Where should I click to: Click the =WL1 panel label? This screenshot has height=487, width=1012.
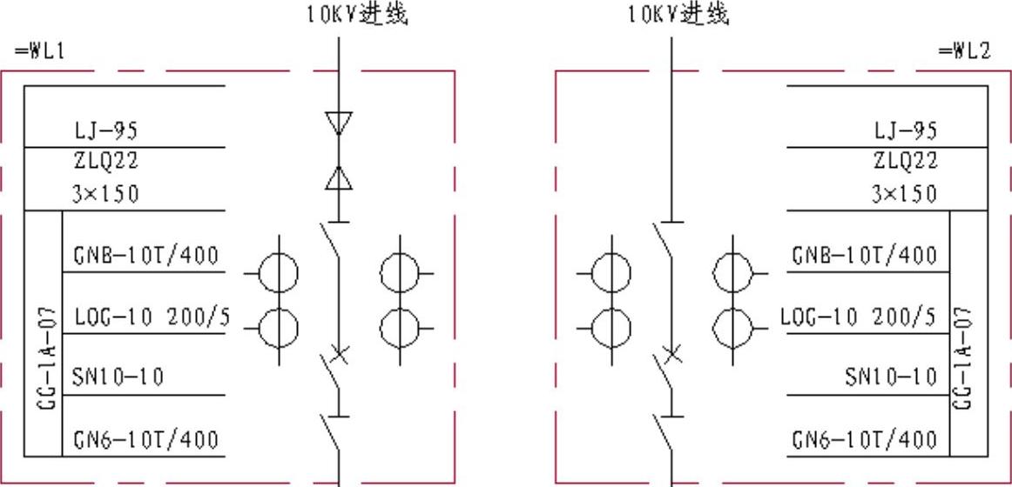[40, 51]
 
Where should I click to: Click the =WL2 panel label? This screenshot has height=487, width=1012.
[964, 51]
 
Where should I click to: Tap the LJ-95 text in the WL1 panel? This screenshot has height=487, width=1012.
[105, 131]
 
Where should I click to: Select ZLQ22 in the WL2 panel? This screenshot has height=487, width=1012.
[905, 161]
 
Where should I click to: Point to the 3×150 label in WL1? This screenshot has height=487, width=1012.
[105, 193]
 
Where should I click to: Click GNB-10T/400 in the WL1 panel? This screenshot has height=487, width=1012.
[145, 256]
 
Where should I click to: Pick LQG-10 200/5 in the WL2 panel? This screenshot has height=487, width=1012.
[859, 317]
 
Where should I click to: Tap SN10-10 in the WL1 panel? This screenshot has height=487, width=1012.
[118, 377]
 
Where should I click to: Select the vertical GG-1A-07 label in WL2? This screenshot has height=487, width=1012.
[963, 357]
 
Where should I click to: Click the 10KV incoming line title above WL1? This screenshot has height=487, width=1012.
[356, 14]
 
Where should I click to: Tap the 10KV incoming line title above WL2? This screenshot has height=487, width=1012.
[678, 14]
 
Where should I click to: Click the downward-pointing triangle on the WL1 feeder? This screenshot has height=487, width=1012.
[339, 123]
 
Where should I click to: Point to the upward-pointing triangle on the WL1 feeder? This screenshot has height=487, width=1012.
[339, 177]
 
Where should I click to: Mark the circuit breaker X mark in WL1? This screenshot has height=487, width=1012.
[340, 355]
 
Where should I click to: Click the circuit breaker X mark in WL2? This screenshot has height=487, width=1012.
[671, 355]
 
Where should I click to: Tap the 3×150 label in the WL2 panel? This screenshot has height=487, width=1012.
[905, 193]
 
